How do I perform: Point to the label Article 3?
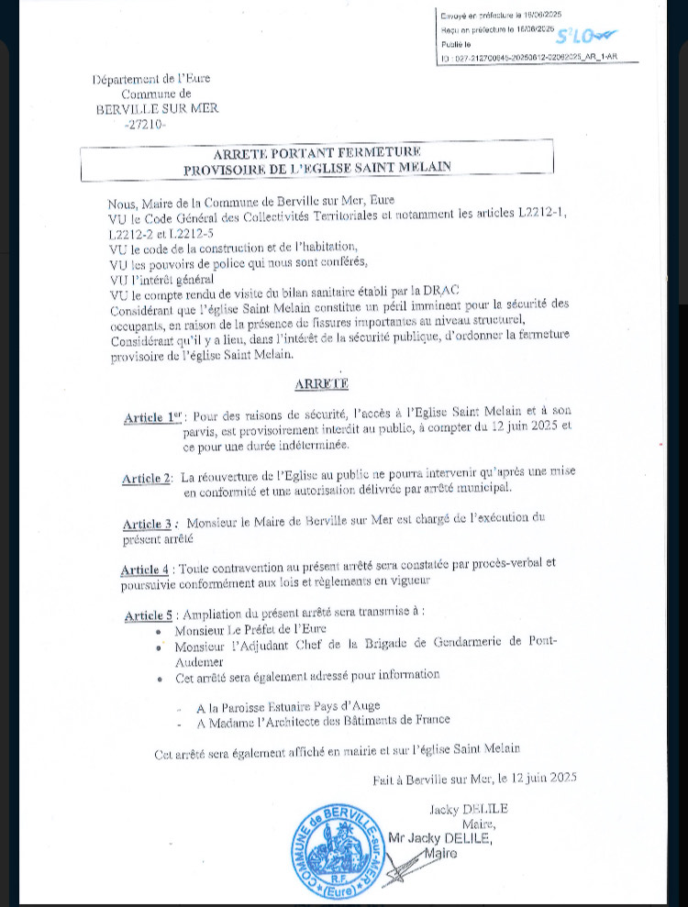tap(149, 524)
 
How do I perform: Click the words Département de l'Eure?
tap(152, 80)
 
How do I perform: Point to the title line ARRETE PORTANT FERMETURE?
tap(316, 151)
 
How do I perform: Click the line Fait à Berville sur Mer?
tap(473, 779)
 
